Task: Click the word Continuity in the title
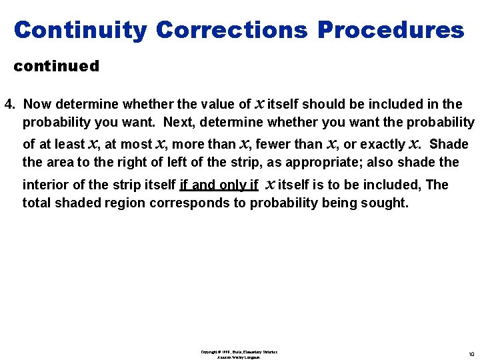pyautogui.click(x=80, y=30)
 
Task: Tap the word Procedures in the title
pyautogui.click(x=391, y=30)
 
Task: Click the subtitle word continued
pyautogui.click(x=57, y=66)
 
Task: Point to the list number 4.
pyautogui.click(x=9, y=104)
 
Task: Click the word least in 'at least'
pyautogui.click(x=71, y=144)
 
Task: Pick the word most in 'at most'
pyautogui.click(x=137, y=144)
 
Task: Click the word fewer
pyautogui.click(x=273, y=144)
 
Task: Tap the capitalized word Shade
pyautogui.click(x=449, y=144)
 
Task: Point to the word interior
pyautogui.click(x=43, y=185)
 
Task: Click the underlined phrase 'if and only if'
pyautogui.click(x=219, y=185)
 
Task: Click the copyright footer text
pyautogui.click(x=239, y=354)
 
